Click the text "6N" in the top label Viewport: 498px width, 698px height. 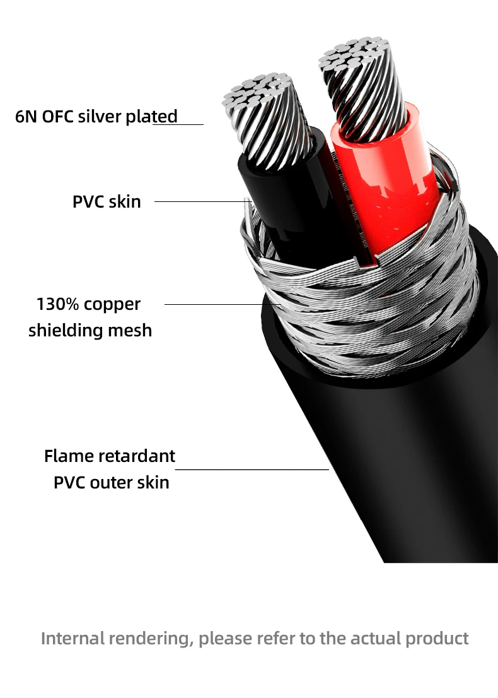click(26, 117)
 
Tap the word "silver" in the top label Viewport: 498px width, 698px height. click(98, 117)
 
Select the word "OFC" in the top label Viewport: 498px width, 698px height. click(59, 117)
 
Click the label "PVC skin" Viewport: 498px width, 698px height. click(107, 202)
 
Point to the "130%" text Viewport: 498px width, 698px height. click(58, 304)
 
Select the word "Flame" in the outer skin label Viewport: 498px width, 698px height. click(68, 456)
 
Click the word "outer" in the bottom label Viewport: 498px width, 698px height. click(113, 483)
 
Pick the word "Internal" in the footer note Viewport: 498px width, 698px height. click(72, 638)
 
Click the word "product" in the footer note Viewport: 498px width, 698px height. click(436, 638)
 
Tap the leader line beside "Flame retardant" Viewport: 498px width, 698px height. click(252, 470)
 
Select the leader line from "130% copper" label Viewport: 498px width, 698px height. click(221, 304)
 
